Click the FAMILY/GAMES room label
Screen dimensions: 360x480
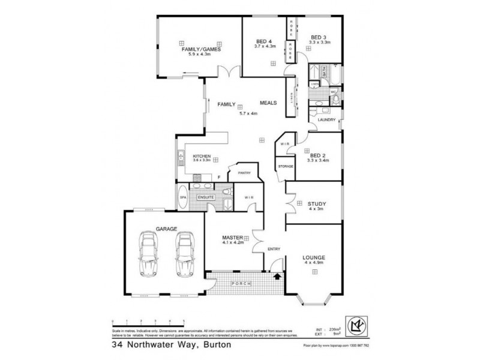[x=200, y=49]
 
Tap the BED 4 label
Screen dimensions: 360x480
[x=263, y=41]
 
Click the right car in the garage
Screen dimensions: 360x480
[x=185, y=254]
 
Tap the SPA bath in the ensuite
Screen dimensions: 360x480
[x=182, y=197]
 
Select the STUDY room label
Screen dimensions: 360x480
[x=316, y=203]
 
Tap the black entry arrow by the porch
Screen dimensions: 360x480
[x=277, y=277]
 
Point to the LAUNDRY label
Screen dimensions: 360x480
[x=326, y=119]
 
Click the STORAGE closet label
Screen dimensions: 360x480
[x=285, y=166]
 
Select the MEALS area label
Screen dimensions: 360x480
[x=268, y=103]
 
